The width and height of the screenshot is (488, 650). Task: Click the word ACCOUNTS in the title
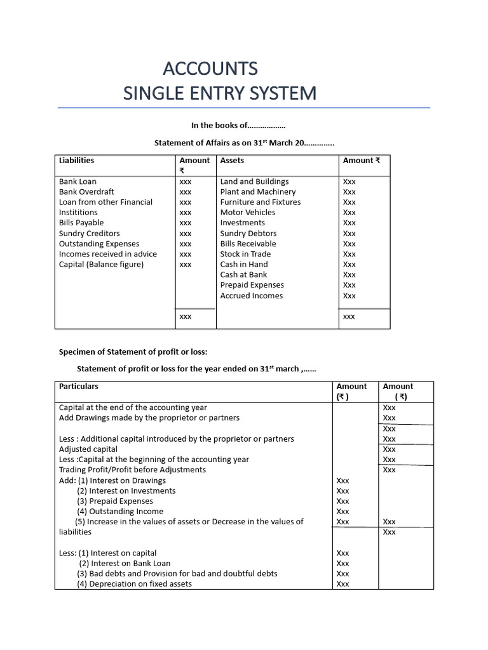(x=210, y=68)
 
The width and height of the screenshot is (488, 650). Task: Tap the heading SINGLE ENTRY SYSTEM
(x=219, y=93)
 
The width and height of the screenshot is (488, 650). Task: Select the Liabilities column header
(x=76, y=161)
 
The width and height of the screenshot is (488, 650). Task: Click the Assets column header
(x=232, y=161)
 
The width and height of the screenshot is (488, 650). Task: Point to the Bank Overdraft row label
(x=86, y=192)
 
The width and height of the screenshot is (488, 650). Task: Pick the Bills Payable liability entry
(x=81, y=223)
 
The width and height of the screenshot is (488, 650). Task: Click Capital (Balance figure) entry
(x=101, y=264)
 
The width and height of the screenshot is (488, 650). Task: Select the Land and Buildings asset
(x=254, y=182)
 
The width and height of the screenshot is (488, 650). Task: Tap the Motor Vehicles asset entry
(x=248, y=213)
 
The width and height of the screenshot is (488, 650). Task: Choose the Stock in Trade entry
(x=245, y=254)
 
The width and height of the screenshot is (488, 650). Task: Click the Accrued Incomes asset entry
(x=252, y=296)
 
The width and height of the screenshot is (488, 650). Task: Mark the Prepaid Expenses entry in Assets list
(x=252, y=285)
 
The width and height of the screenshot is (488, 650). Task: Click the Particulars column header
(x=79, y=386)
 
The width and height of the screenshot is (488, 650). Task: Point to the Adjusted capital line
(x=88, y=449)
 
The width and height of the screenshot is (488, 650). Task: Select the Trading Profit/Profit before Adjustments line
(x=132, y=470)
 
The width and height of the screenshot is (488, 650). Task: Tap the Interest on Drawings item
(x=127, y=481)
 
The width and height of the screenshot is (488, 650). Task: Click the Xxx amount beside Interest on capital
(x=342, y=553)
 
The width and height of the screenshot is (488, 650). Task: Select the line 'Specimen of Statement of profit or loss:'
(x=133, y=352)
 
